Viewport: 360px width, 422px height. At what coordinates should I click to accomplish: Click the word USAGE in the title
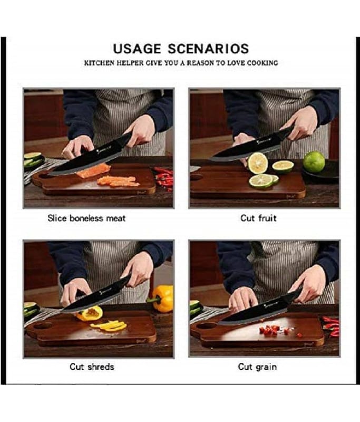click(137, 49)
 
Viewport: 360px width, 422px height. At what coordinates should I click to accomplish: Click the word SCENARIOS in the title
click(208, 49)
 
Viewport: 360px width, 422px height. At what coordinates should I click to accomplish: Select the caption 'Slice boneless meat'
click(86, 218)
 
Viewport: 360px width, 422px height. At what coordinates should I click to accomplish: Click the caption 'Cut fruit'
click(258, 218)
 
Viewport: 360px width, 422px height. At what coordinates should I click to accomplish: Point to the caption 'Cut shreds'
click(92, 367)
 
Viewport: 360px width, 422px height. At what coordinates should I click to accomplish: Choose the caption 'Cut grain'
click(257, 367)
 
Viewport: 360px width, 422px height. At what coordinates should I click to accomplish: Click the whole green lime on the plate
click(314, 162)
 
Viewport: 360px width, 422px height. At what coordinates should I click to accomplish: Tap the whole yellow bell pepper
click(162, 298)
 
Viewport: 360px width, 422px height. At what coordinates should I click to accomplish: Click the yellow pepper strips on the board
click(110, 325)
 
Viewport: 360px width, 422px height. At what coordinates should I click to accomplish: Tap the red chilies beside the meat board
click(164, 177)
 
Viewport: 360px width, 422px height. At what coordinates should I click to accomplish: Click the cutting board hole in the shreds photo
click(43, 325)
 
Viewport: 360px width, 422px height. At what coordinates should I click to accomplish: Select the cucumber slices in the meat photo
click(34, 161)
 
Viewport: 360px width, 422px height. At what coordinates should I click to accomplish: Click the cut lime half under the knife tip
click(257, 163)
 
